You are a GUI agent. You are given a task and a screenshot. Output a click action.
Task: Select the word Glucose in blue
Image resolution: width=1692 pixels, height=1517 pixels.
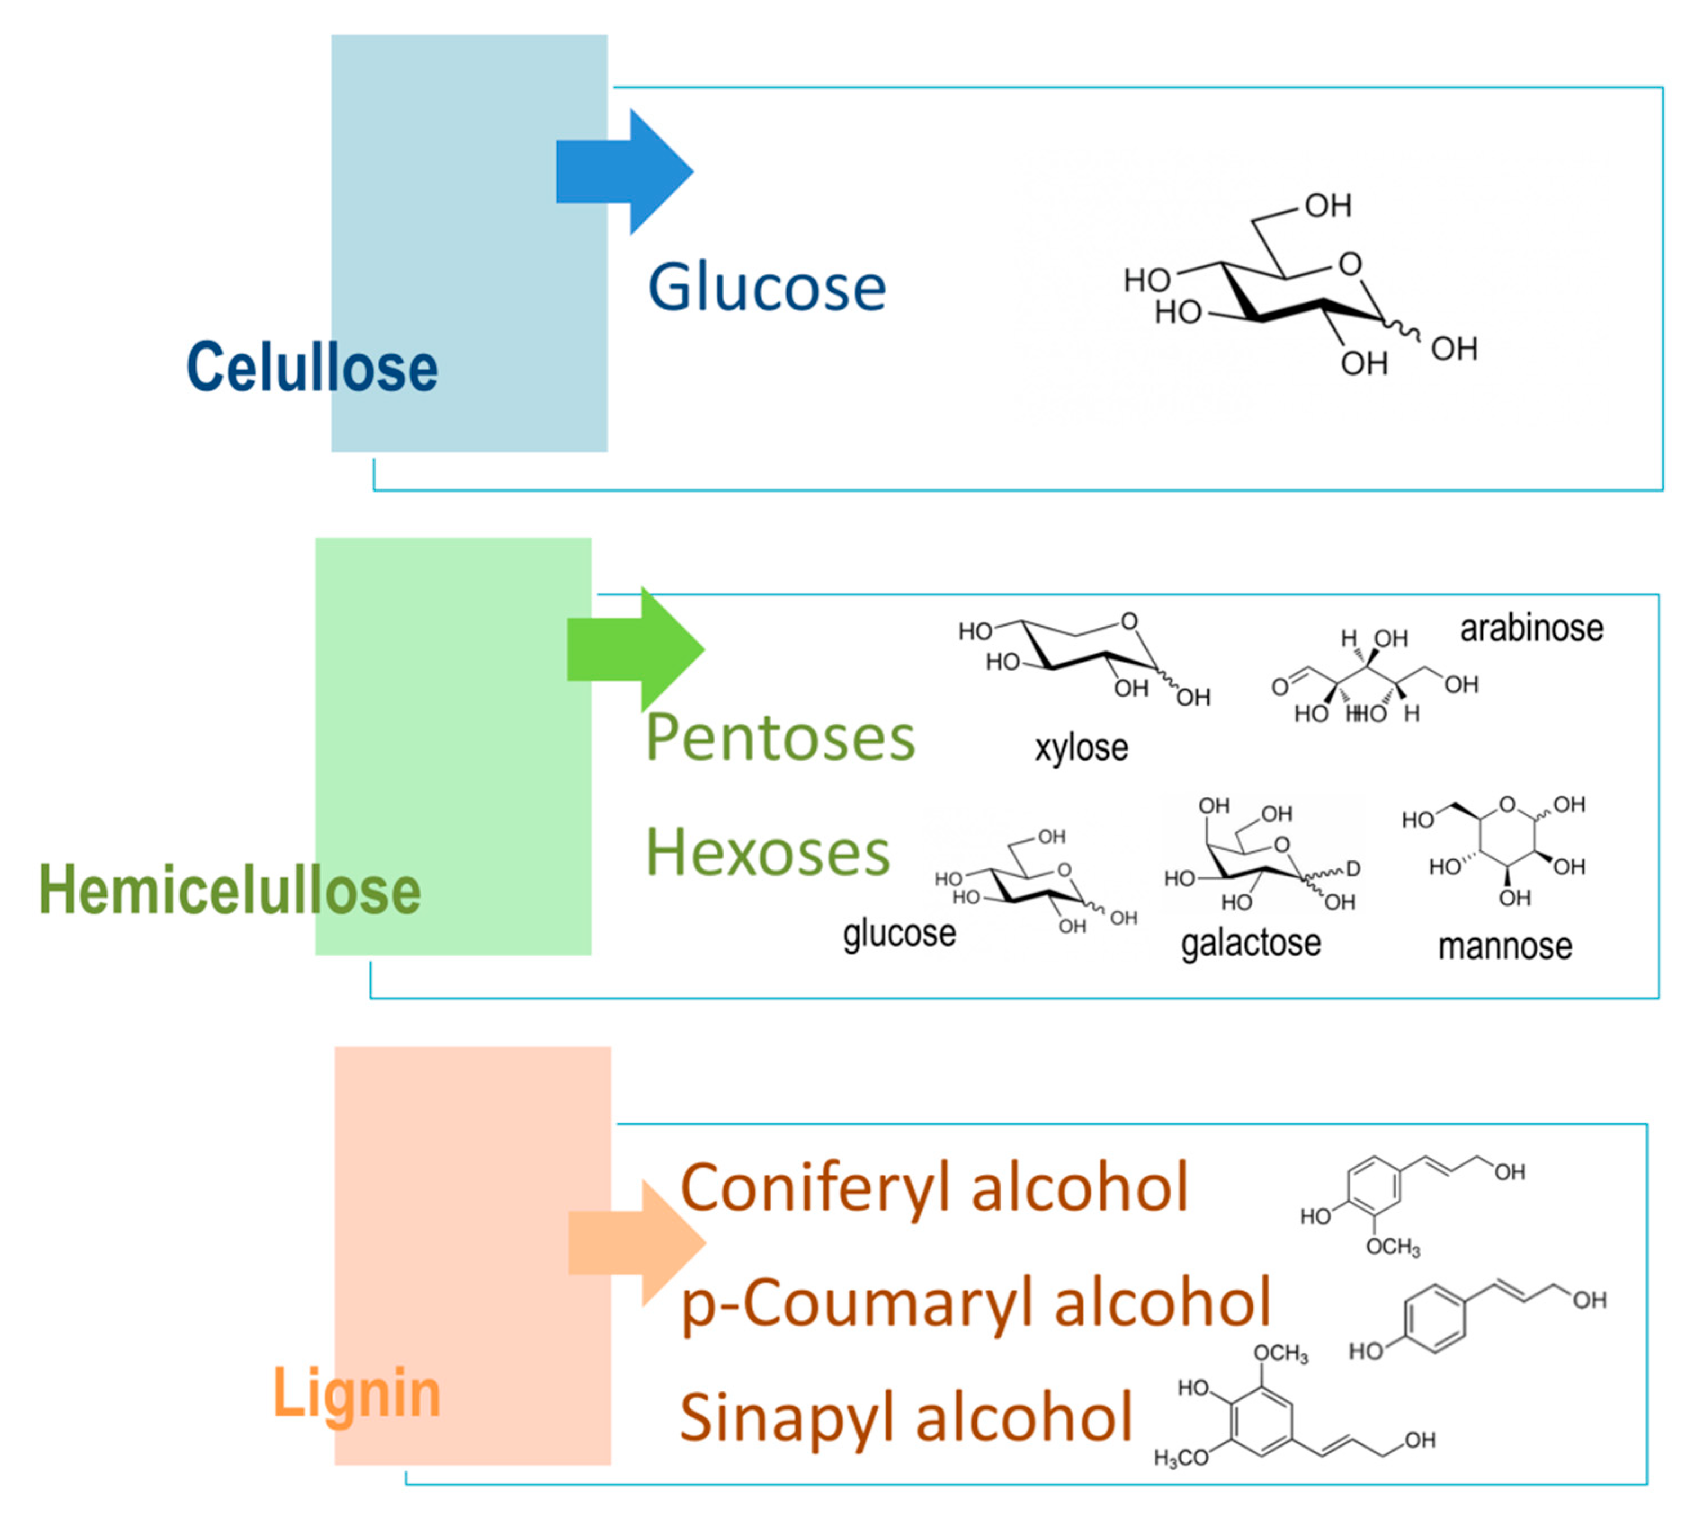coord(767,288)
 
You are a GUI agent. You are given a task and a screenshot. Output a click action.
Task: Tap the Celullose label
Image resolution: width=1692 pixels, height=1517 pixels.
coord(312,368)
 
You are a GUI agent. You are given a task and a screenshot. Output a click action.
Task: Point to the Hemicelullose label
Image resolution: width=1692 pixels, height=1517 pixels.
coord(230,890)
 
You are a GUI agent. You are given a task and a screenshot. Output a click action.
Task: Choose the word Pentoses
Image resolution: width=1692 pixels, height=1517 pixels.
coord(780,738)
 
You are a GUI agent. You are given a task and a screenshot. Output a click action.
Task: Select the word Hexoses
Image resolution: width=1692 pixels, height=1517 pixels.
coord(767,853)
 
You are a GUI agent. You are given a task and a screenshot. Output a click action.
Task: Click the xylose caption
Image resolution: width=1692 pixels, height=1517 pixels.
coord(1081,748)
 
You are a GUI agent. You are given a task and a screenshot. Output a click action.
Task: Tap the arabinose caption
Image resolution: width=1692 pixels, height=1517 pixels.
coord(1531,628)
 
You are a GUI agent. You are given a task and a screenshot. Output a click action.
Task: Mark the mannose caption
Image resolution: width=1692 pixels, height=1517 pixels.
coord(1505,946)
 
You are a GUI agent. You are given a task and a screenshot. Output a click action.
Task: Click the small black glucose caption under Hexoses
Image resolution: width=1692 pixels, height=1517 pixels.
coord(899,934)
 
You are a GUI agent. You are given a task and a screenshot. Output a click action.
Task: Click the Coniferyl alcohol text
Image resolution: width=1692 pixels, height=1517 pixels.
coord(934,1188)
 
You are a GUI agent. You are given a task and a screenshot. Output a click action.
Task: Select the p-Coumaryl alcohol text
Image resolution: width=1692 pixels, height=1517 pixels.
coord(976,1304)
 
